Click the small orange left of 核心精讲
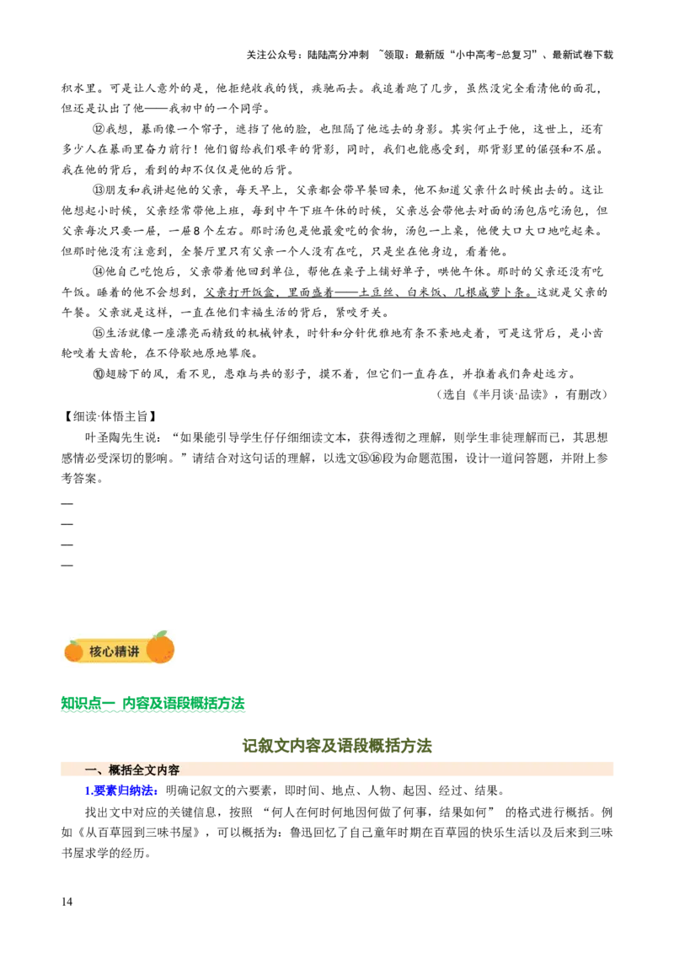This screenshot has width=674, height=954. point(73,651)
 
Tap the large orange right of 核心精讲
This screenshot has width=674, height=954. point(160,650)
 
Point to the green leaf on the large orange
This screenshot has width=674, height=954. point(161,635)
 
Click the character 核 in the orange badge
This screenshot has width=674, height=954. point(95,651)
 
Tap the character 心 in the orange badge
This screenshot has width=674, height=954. point(108,651)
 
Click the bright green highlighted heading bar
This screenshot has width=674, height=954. point(154,704)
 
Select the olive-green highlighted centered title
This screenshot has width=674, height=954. point(337,745)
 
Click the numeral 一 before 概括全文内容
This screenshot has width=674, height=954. point(90,770)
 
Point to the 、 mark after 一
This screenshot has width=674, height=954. point(101,772)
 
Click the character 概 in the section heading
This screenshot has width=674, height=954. point(115,770)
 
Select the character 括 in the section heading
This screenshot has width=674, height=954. point(126,770)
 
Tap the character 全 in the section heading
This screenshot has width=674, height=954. point(138,770)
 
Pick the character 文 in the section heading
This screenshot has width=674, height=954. point(150,770)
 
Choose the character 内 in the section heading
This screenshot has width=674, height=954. point(162,770)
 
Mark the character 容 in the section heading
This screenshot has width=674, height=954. point(174,770)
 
